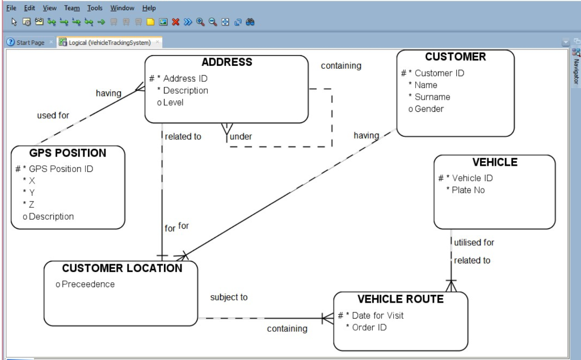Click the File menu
pyautogui.click(x=11, y=8)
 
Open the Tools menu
pyautogui.click(x=95, y=8)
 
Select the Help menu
pyautogui.click(x=149, y=8)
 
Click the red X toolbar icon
pyautogui.click(x=176, y=22)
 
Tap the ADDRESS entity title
pyautogui.click(x=226, y=62)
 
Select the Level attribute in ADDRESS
pyautogui.click(x=173, y=102)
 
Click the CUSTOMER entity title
pyautogui.click(x=455, y=57)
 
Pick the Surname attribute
pyautogui.click(x=432, y=97)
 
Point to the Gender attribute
pyautogui.click(x=429, y=109)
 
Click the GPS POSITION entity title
pyautogui.click(x=68, y=153)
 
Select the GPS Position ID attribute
pyautogui.click(x=61, y=169)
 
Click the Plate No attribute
pyautogui.click(x=468, y=190)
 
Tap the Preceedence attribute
pyautogui.click(x=88, y=284)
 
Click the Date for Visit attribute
pyautogui.click(x=378, y=315)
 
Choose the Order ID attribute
pyautogui.click(x=370, y=327)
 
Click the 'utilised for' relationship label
pyautogui.click(x=474, y=242)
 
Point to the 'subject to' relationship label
pyautogui.click(x=229, y=297)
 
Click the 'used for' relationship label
pyautogui.click(x=53, y=115)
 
